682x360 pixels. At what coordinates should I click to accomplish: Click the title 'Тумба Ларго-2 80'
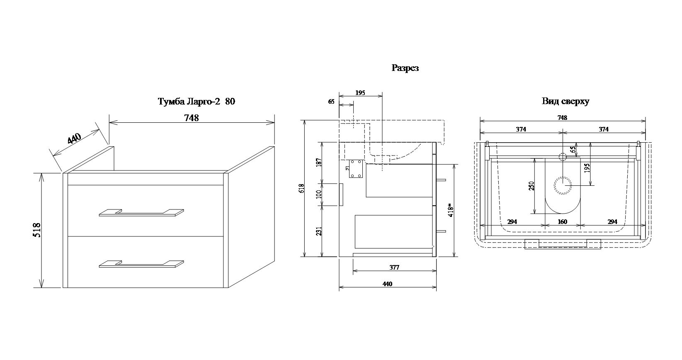(196, 102)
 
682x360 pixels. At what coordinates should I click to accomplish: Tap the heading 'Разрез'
(405, 68)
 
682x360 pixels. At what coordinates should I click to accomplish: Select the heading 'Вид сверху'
(565, 101)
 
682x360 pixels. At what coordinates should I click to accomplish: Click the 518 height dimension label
(37, 230)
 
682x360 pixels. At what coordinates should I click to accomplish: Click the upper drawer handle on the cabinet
(141, 212)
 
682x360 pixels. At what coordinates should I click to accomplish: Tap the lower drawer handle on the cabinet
(141, 264)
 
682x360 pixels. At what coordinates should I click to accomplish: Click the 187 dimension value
(318, 163)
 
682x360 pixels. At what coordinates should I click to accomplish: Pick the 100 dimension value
(318, 194)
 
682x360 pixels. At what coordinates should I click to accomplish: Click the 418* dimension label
(451, 209)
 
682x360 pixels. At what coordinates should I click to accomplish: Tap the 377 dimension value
(394, 268)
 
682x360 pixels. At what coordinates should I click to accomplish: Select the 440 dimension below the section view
(387, 284)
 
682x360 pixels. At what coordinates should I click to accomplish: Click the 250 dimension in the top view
(532, 185)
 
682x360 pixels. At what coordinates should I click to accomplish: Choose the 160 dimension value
(562, 222)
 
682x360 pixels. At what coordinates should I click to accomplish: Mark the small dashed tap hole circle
(563, 157)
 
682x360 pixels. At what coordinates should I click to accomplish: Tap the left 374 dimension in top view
(521, 129)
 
